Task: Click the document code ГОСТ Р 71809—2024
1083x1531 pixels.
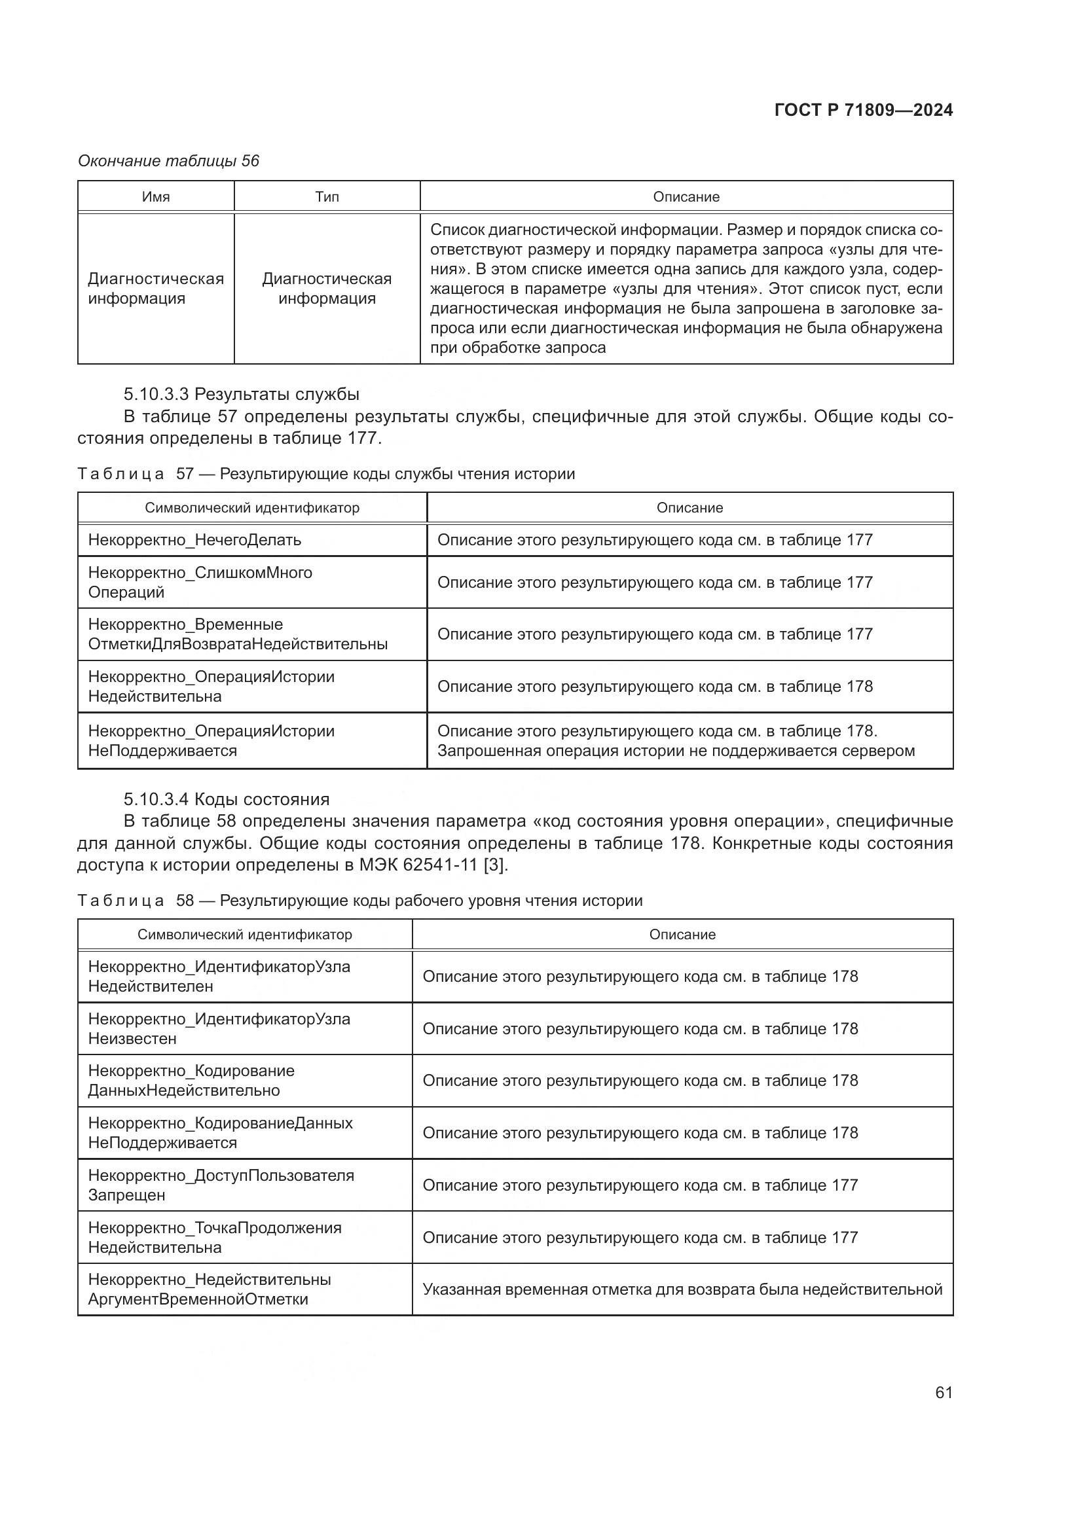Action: [863, 111]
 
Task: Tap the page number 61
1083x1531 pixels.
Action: [944, 1392]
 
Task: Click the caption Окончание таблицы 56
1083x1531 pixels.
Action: [169, 161]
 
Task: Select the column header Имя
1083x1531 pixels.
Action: [156, 197]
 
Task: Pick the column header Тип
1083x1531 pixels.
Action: [327, 197]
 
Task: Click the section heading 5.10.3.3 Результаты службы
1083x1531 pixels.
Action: [242, 394]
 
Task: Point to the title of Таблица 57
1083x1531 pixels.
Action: [326, 474]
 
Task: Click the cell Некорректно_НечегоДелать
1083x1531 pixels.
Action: [194, 540]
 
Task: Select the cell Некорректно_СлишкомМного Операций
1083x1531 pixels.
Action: [200, 582]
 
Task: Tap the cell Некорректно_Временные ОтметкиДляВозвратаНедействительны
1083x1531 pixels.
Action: [238, 634]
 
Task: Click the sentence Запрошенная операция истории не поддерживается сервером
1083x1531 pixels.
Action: [676, 751]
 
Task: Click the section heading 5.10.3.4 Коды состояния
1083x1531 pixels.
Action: [227, 799]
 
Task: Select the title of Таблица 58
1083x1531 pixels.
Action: [360, 901]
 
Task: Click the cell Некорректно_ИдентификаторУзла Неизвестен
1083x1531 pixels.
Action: [219, 1028]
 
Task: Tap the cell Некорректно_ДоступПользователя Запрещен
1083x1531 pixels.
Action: [221, 1185]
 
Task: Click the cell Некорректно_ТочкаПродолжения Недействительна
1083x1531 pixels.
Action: [215, 1237]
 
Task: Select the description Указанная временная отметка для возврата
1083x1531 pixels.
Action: [682, 1289]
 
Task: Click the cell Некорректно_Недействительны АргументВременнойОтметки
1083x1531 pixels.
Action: [210, 1289]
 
